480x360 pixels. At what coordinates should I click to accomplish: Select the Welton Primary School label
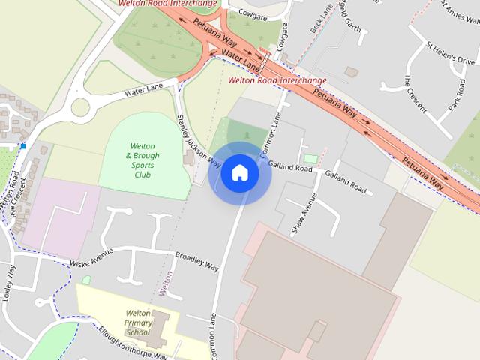[x=139, y=322]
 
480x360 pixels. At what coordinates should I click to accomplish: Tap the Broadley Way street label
[x=196, y=260]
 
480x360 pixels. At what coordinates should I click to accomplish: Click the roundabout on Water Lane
[x=80, y=106]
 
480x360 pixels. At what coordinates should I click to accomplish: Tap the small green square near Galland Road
[x=310, y=158]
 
